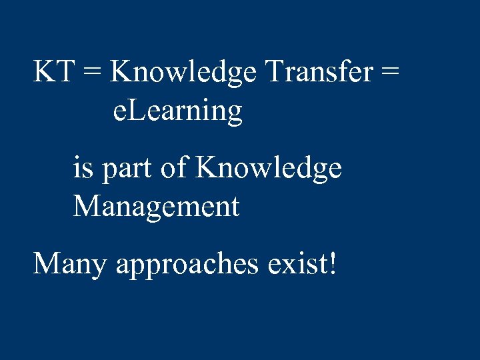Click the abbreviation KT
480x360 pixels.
point(54,71)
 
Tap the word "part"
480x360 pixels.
point(128,169)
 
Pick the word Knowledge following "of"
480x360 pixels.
point(269,169)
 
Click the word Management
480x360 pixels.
point(156,207)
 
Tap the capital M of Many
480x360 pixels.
point(47,263)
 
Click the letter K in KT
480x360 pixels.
point(45,71)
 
